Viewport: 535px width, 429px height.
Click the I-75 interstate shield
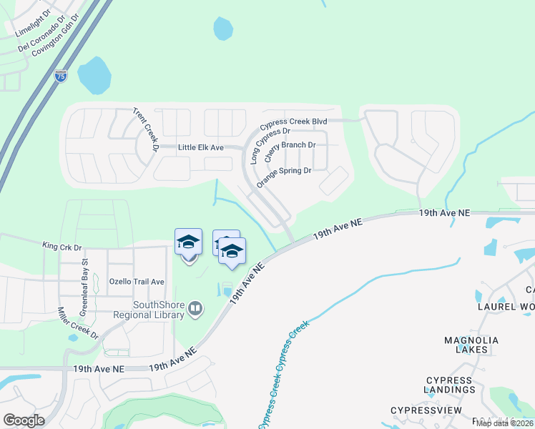[61, 76]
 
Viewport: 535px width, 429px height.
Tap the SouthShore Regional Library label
[149, 309]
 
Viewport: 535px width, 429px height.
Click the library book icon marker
[195, 309]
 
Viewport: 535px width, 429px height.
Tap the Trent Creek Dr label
[144, 129]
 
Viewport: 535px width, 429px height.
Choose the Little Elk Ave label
[201, 147]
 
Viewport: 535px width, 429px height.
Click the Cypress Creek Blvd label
[293, 122]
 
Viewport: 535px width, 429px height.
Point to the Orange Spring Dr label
[284, 176]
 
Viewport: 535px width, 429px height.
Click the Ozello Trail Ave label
[137, 282]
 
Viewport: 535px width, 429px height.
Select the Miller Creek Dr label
[78, 323]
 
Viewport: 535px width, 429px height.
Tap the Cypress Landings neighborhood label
[449, 385]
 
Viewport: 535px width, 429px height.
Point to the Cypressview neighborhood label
[426, 410]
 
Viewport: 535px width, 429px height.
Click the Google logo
[24, 420]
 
